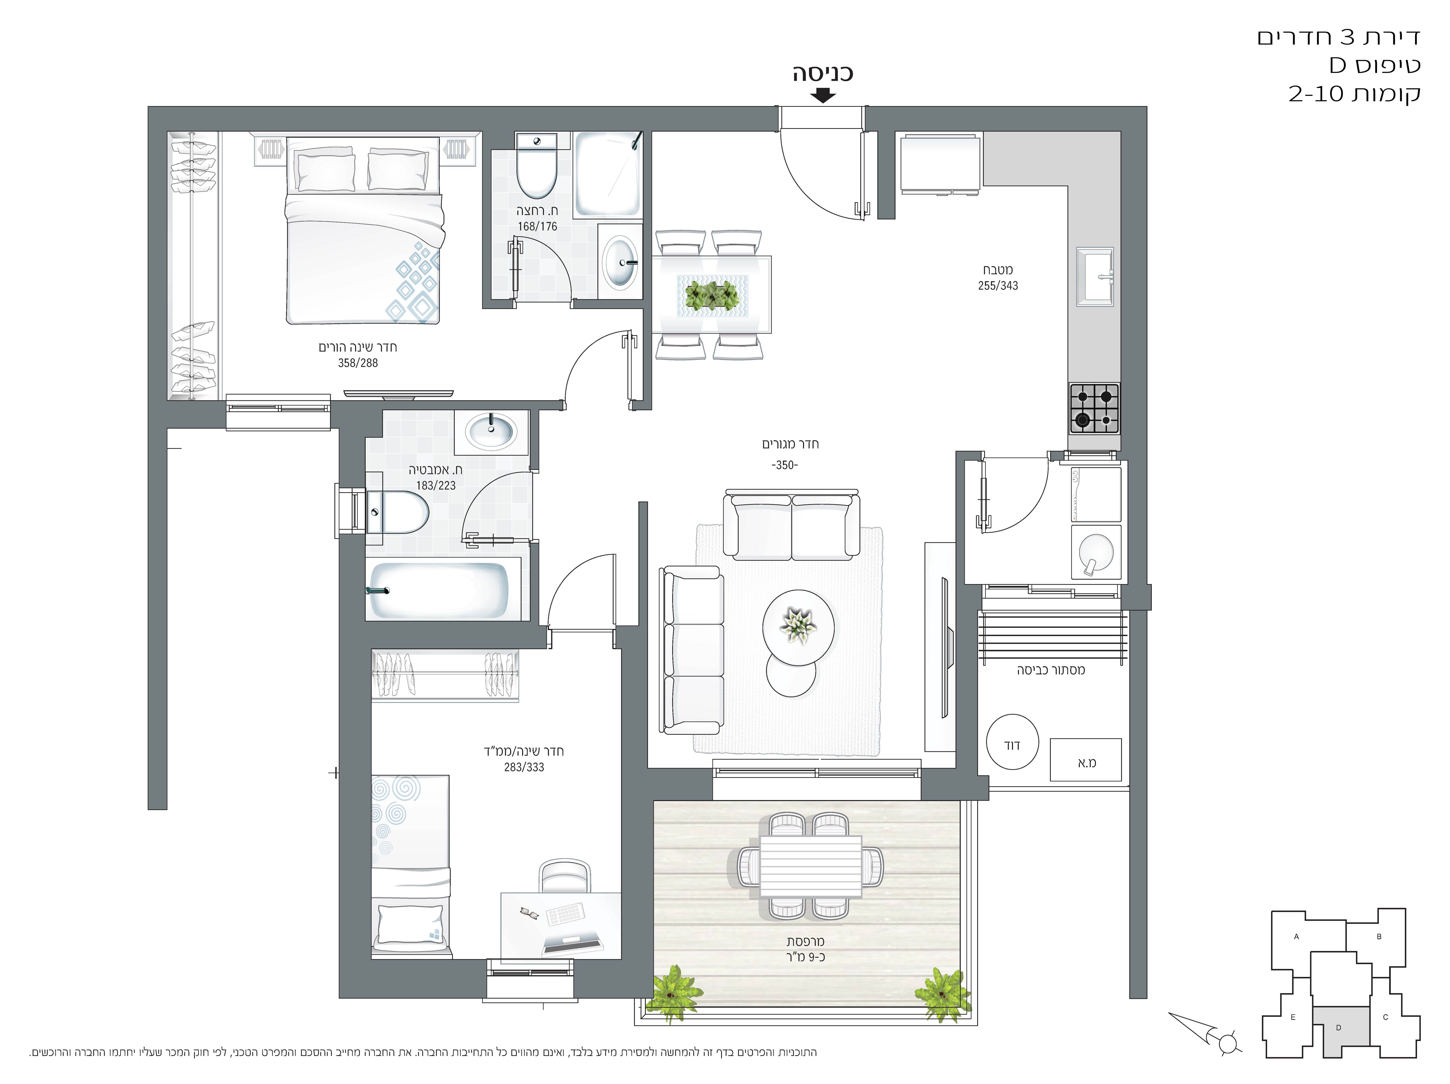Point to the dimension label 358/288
358,363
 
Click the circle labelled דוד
1013,742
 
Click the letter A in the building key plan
1296,936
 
